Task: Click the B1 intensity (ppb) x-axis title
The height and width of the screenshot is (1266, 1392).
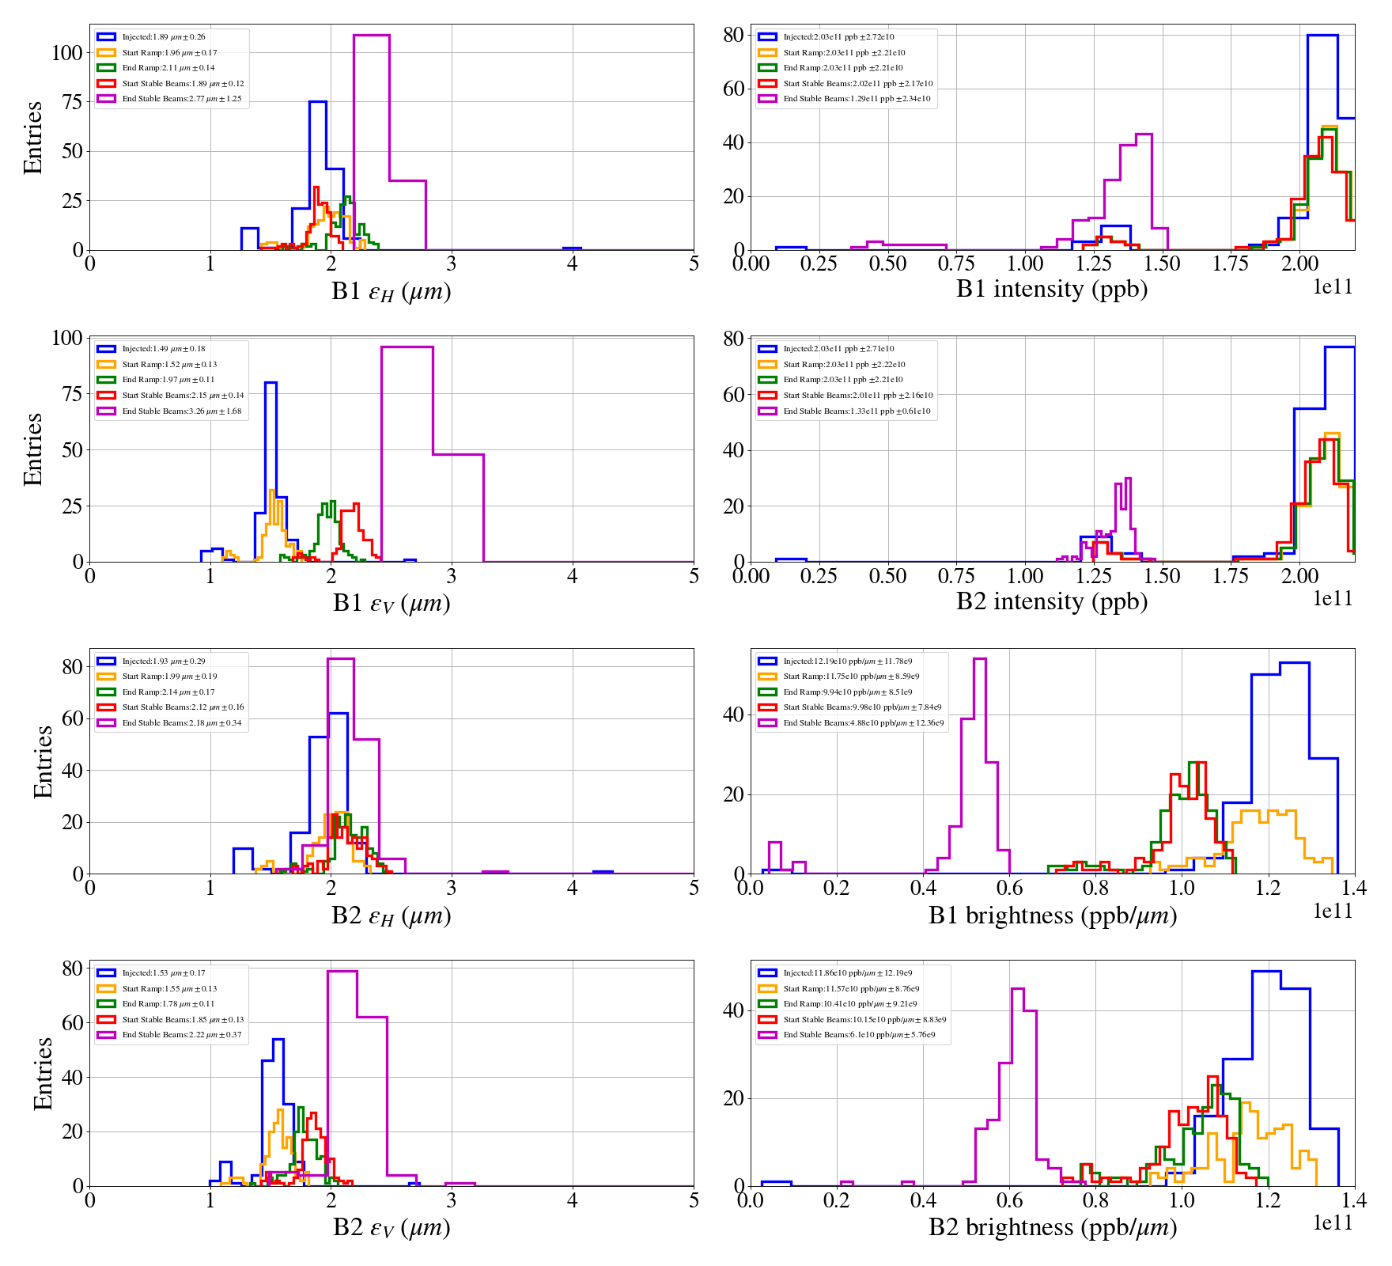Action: tap(1051, 290)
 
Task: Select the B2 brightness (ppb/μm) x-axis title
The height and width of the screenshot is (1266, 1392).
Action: tap(1052, 1227)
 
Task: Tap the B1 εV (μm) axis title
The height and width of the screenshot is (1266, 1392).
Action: tap(391, 604)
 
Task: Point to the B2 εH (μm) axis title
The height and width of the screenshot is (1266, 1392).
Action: tap(391, 915)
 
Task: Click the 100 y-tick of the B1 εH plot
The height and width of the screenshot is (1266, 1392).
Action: tap(67, 53)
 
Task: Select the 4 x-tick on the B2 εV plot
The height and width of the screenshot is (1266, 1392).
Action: tap(573, 1200)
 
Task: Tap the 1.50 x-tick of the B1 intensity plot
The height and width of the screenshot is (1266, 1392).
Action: tap(1162, 263)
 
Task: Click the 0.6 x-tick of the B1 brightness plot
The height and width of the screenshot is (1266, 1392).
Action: tap(1009, 888)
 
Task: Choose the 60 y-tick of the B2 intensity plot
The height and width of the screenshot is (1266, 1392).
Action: tap(733, 394)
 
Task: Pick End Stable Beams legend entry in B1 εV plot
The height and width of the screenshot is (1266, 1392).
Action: tap(181, 411)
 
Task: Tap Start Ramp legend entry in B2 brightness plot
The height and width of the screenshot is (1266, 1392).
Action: tap(851, 989)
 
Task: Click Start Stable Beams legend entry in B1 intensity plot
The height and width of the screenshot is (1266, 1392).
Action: tap(857, 84)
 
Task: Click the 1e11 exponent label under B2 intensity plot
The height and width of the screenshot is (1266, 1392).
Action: tap(1333, 598)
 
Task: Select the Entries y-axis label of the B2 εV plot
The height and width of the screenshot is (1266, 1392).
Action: tap(43, 1074)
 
